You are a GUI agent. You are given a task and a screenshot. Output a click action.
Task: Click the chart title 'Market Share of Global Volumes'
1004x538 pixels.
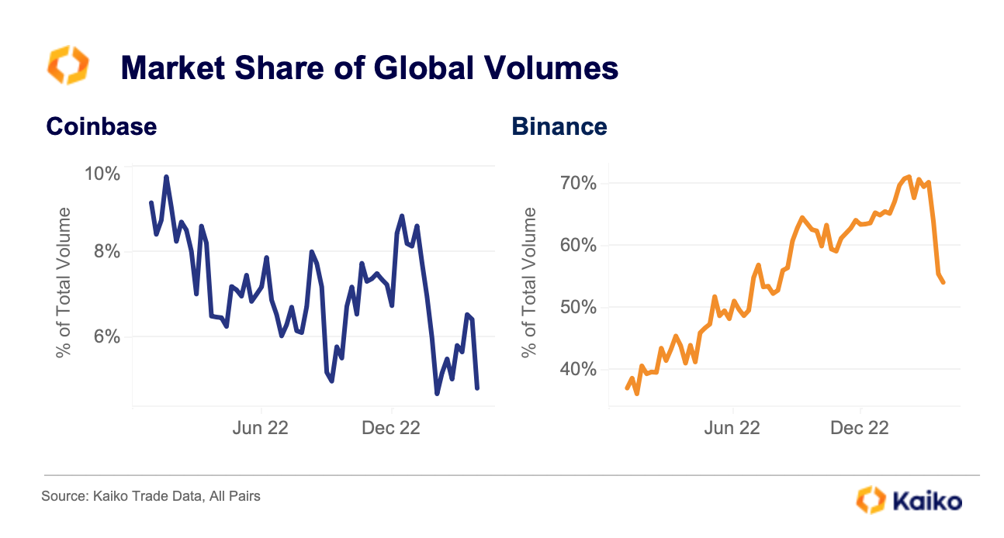pos(369,68)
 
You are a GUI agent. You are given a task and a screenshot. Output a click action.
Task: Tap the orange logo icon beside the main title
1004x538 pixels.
pos(68,66)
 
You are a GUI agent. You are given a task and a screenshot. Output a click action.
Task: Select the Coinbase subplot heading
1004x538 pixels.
pos(101,126)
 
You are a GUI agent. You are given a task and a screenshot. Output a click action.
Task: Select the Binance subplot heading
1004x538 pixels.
pos(559,126)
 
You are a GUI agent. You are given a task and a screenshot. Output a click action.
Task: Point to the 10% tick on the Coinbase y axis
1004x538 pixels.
pos(102,173)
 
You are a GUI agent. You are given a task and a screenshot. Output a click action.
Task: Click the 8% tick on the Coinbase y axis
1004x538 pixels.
pos(106,251)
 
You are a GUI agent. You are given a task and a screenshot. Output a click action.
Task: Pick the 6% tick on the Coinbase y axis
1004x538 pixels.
pos(106,336)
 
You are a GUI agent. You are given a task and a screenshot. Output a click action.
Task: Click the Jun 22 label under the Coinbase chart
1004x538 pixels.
pos(261,427)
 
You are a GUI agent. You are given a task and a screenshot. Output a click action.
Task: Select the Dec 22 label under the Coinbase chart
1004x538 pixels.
pos(391,427)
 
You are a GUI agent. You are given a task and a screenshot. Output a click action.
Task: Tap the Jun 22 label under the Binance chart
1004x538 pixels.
pos(732,427)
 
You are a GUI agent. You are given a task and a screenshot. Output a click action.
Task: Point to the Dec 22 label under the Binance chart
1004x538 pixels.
pos(860,427)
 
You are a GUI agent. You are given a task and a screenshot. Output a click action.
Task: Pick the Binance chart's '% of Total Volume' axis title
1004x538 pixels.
pos(530,283)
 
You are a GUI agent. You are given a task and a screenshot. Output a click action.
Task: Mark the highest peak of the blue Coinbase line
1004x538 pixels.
pos(166,178)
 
